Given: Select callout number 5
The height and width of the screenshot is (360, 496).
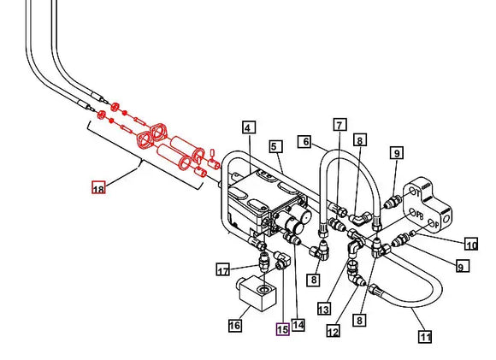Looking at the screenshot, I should click(x=275, y=147).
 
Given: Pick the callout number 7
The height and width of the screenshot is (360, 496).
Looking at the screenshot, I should click(x=340, y=125).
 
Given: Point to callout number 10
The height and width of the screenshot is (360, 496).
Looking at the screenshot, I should click(x=471, y=245).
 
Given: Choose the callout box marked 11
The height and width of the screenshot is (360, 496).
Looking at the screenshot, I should click(x=425, y=337).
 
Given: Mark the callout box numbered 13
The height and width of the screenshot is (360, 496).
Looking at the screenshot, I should click(x=324, y=308).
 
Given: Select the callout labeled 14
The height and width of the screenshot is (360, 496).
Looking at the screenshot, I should click(x=298, y=324).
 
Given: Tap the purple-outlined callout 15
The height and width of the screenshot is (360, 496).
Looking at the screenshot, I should click(x=281, y=328).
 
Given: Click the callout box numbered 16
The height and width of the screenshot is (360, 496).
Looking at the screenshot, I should click(x=234, y=325).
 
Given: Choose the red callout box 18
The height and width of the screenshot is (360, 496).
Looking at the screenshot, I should click(x=99, y=188).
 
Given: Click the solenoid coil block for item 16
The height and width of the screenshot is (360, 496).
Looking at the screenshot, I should click(x=257, y=293).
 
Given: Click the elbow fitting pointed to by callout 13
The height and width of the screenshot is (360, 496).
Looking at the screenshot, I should click(x=353, y=248).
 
